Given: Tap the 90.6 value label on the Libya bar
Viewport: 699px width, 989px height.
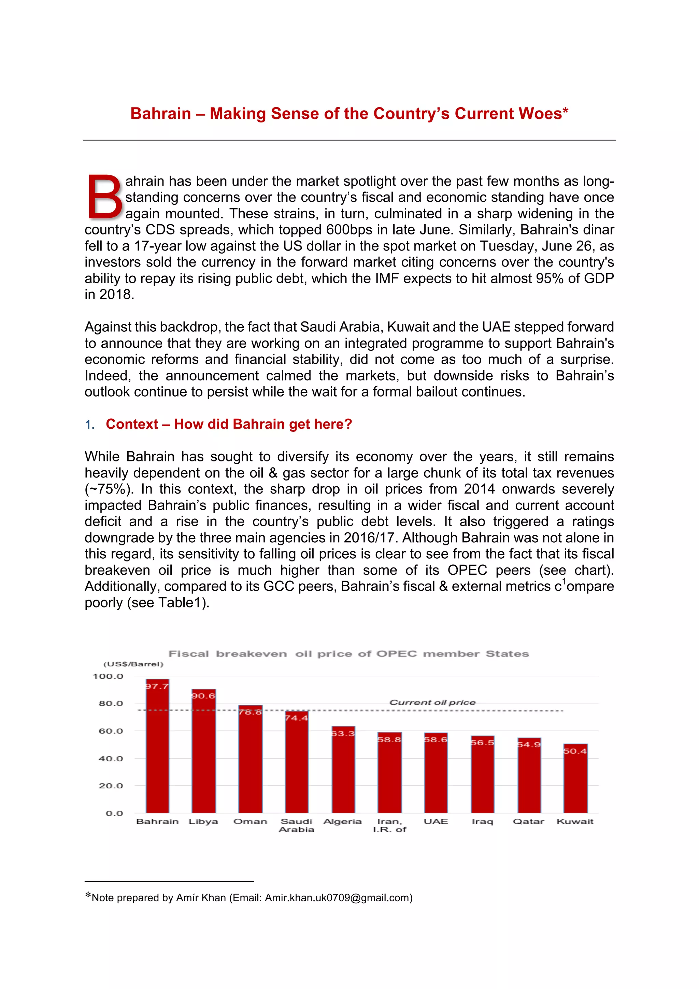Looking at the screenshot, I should (x=203, y=696).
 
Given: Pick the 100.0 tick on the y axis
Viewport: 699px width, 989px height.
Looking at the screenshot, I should (x=108, y=676).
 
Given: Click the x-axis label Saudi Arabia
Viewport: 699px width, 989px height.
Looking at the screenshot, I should (x=296, y=825).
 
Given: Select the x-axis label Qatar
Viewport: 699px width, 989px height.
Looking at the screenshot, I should (x=528, y=821).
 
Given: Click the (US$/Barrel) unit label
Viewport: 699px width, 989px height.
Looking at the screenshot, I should (x=133, y=664).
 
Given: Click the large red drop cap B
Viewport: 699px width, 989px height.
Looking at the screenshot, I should (x=105, y=197).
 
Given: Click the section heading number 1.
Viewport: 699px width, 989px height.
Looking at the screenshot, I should (x=89, y=425).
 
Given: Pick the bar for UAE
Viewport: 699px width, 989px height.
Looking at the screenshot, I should (x=436, y=773).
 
